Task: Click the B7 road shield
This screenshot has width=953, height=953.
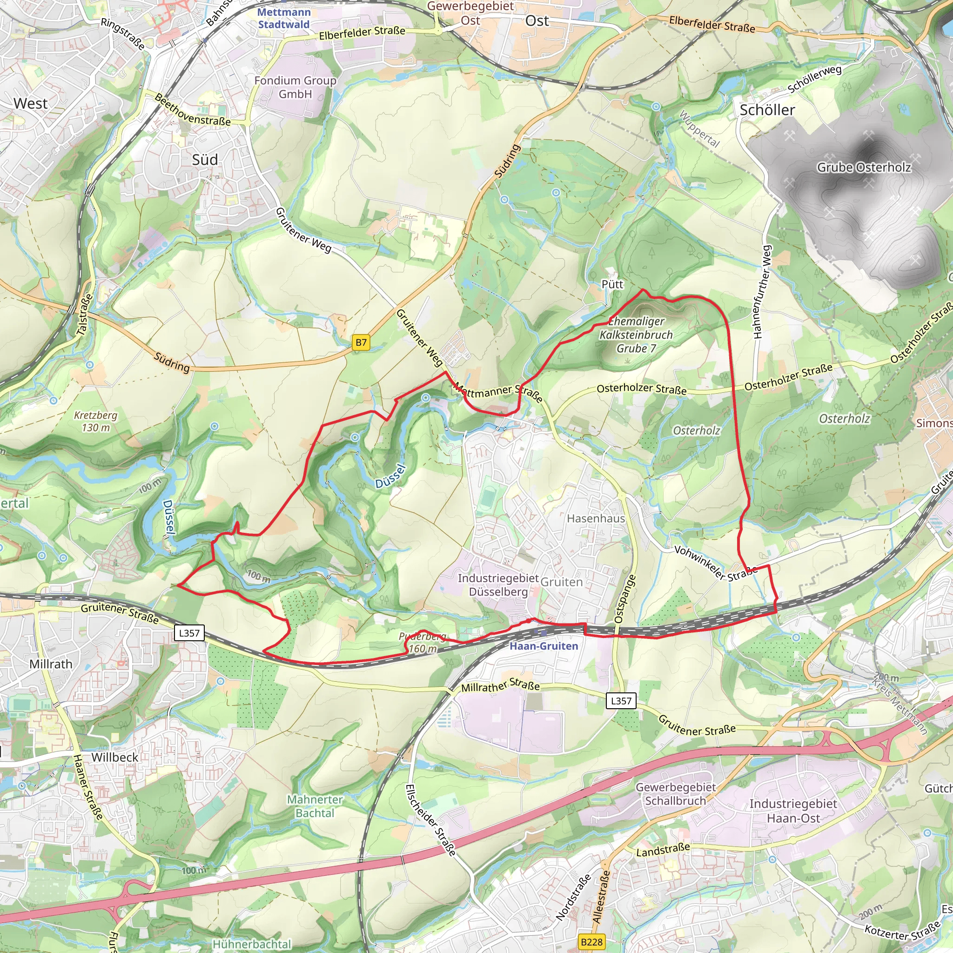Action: (x=361, y=343)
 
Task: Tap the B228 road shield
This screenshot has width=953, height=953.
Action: (x=591, y=942)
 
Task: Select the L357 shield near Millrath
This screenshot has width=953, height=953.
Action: (x=189, y=633)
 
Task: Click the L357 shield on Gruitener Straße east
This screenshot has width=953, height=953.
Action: (x=621, y=700)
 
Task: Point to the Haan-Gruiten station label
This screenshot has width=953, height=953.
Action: (x=543, y=646)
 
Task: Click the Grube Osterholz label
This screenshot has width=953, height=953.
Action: (x=864, y=168)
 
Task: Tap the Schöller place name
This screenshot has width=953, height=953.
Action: (x=767, y=110)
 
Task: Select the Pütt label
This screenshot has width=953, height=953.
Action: (x=612, y=284)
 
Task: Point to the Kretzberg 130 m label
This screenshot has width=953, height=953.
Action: (x=96, y=421)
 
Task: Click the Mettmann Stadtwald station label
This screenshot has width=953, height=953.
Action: (x=284, y=18)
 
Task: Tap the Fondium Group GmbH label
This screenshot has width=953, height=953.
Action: (x=295, y=87)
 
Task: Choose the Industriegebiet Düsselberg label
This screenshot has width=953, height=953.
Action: (x=498, y=585)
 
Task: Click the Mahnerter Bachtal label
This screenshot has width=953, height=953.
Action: (x=315, y=806)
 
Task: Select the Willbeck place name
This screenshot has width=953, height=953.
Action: (x=114, y=757)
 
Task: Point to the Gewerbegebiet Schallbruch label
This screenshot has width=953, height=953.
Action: (x=675, y=794)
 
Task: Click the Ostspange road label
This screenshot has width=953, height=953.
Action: (x=625, y=599)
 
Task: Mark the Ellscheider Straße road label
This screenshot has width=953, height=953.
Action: (x=430, y=820)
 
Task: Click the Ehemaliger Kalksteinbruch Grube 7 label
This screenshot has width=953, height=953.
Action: (x=636, y=335)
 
